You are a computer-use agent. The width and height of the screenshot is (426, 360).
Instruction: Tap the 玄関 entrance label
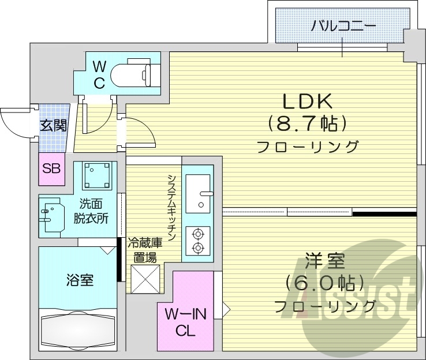point(53,125)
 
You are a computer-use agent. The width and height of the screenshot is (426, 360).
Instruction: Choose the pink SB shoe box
point(51,168)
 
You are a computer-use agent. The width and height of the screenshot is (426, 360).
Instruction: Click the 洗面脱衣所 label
point(94,211)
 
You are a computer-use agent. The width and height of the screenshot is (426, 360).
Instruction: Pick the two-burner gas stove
point(198,241)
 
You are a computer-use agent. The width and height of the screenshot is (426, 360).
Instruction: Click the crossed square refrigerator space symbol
point(144,279)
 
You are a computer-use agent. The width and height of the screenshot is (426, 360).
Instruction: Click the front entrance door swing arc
point(14,121)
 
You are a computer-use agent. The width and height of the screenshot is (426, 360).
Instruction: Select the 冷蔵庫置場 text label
point(144,249)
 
